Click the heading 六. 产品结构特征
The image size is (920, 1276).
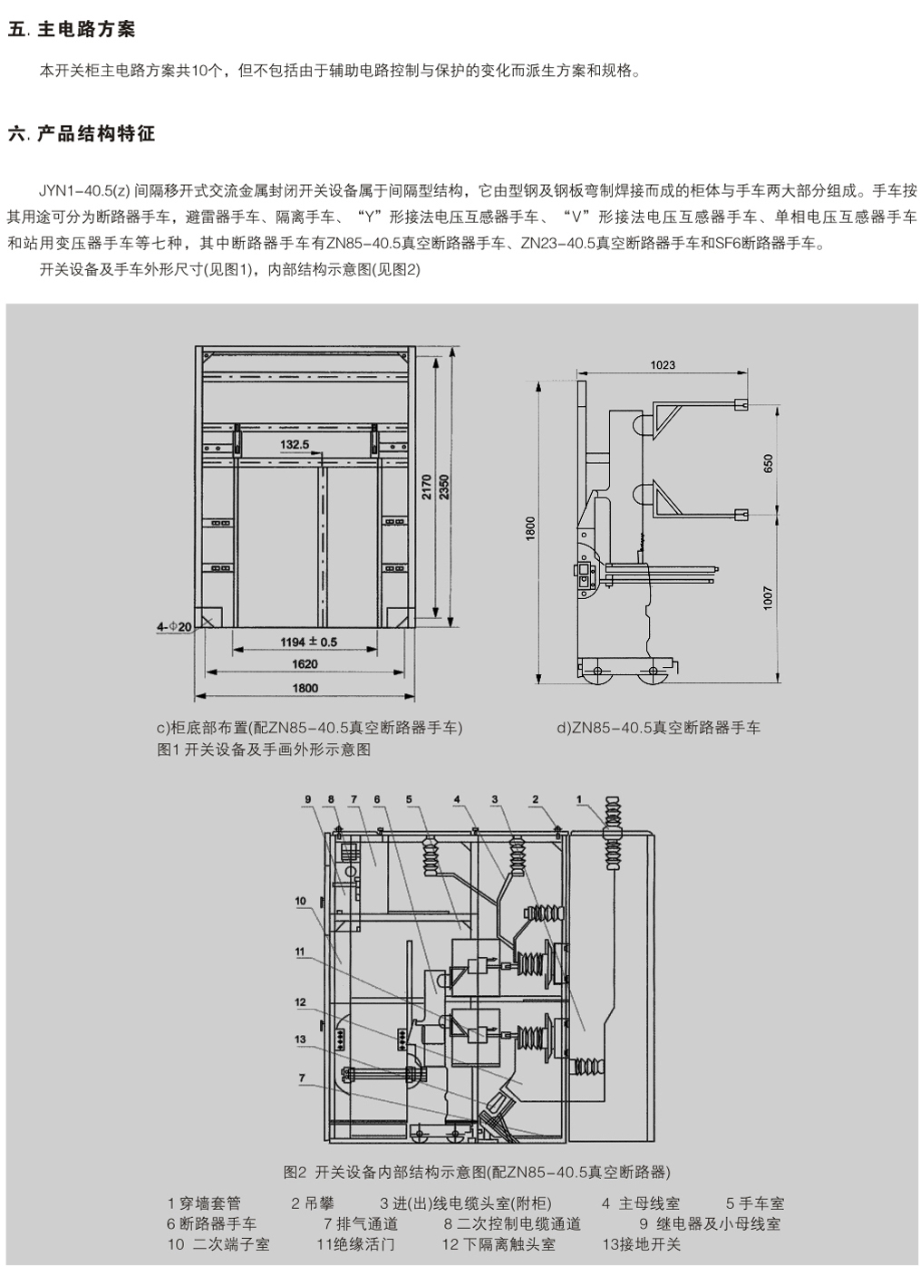coord(82,134)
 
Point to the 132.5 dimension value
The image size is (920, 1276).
coord(295,445)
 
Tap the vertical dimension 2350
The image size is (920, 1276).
coord(444,488)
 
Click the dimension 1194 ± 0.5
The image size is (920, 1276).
coord(307,642)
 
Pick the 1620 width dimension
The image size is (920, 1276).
coord(305,664)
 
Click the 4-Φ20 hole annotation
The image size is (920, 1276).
coord(173,626)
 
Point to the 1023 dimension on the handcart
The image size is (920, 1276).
coord(663,365)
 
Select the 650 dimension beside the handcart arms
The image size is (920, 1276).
coord(770,463)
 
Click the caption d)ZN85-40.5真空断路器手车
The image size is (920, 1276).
coord(658,728)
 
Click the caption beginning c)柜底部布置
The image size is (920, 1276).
coord(309,728)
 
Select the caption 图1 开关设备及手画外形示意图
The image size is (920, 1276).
coord(264,749)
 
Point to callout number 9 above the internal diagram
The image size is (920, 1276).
coord(308,798)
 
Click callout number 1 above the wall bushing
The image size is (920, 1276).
coord(579,798)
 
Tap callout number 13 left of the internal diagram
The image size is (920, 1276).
coord(300,1039)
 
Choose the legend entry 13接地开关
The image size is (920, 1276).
coord(641,1244)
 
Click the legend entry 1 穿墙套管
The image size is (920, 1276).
coord(204,1203)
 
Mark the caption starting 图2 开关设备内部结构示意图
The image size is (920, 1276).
coord(477,1172)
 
